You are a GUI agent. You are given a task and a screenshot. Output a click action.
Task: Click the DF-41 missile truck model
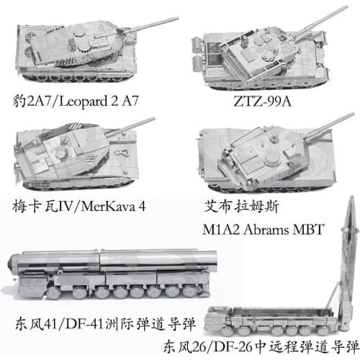click(108, 277)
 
